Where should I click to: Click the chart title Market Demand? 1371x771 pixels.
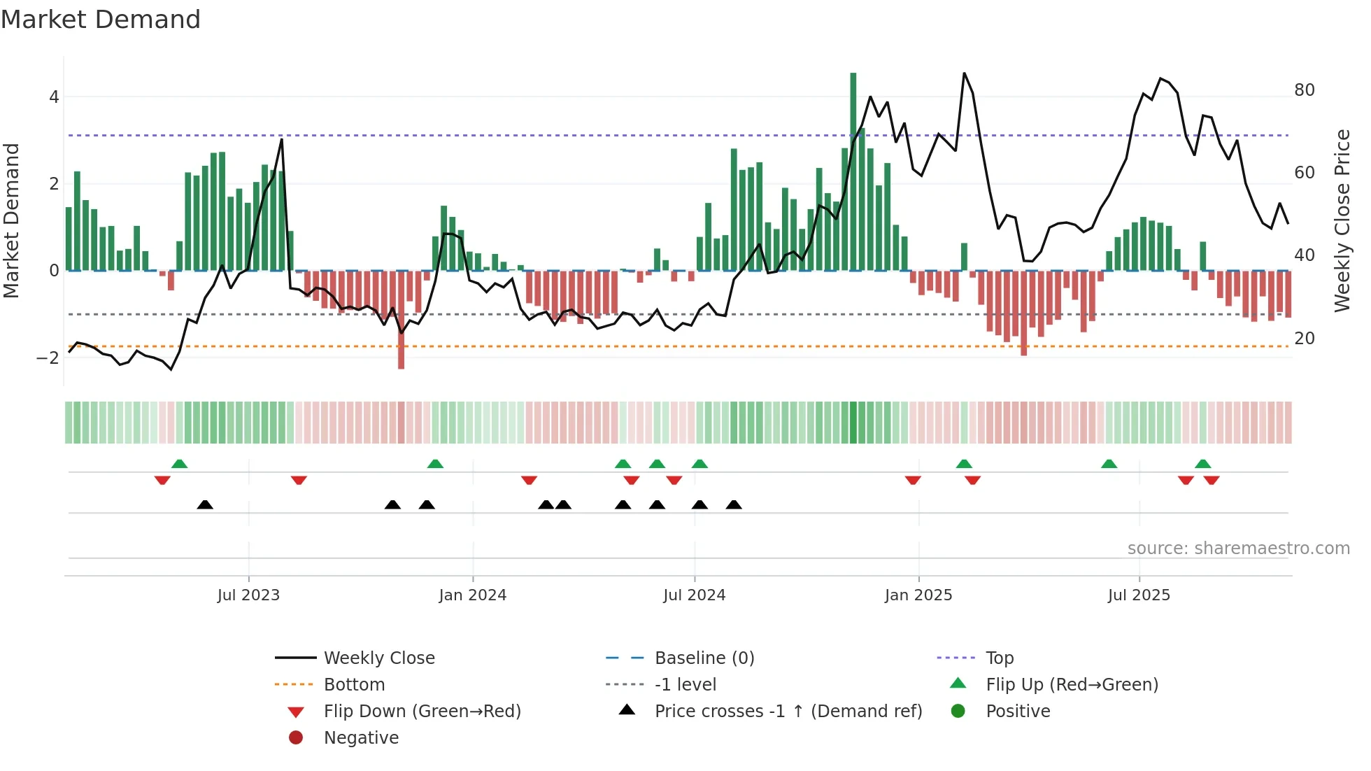click(101, 20)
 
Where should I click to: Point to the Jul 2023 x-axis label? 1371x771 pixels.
click(248, 595)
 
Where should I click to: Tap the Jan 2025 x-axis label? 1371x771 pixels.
click(918, 595)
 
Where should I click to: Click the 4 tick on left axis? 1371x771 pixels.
click(54, 97)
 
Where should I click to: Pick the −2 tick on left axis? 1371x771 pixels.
click(48, 358)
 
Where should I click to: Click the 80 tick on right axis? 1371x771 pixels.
click(1304, 90)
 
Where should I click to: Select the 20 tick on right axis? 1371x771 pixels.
click(1304, 339)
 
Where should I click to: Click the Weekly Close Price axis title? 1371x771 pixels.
click(1342, 220)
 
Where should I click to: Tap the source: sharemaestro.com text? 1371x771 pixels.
click(1238, 549)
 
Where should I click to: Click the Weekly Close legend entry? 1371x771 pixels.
click(378, 658)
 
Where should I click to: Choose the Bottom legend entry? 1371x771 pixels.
click(354, 685)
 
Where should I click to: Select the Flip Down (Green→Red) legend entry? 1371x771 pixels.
click(422, 712)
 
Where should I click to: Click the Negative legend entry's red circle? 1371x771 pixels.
click(296, 738)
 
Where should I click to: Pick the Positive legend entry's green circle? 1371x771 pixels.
click(958, 712)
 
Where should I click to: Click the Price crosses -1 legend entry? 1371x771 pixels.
click(788, 712)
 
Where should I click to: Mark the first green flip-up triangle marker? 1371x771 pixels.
click(179, 464)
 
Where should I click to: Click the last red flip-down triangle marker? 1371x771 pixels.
click(1212, 480)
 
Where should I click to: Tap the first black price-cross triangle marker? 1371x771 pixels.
click(205, 504)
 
